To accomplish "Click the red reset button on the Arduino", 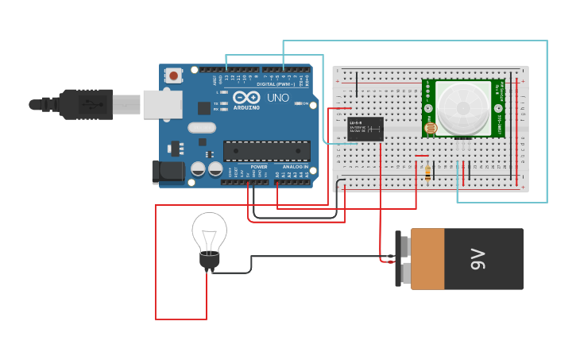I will click(x=173, y=75).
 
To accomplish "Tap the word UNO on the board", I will click(x=278, y=98).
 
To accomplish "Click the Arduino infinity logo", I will click(x=245, y=98).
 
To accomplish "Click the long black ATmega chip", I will click(x=266, y=151).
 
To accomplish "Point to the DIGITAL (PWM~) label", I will click(x=275, y=84).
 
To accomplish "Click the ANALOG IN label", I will click(x=292, y=166).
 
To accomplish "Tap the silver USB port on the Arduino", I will click(x=162, y=104).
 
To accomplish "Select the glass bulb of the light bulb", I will click(x=209, y=232).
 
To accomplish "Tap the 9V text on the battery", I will click(x=477, y=258).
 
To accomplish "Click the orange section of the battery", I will click(x=427, y=259).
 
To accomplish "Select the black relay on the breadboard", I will click(x=365, y=129).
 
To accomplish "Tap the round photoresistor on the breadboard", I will click(x=431, y=127).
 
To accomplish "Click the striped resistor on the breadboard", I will click(x=429, y=171).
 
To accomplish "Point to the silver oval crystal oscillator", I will click(x=202, y=127).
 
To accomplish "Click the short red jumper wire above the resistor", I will click(x=422, y=156).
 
